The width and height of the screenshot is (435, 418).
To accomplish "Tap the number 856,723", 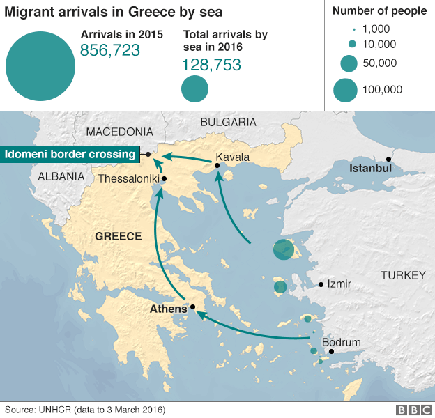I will tap(110, 50).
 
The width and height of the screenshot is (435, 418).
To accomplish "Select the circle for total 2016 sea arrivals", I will tap(195, 88).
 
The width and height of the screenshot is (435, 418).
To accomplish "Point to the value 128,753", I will tap(211, 65).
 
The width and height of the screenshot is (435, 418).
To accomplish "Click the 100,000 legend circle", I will tap(345, 90).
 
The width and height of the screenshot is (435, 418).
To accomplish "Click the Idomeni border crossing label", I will tap(70, 154).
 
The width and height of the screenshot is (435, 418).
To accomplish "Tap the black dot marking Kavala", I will tap(217, 166).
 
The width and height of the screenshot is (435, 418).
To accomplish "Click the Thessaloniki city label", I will tap(129, 179).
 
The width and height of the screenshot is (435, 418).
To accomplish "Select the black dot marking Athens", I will tap(192, 307).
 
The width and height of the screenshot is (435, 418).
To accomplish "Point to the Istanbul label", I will tap(370, 168).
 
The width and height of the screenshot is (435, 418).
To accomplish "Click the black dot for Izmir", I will tap(321, 284).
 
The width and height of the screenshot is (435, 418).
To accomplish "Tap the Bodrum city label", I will tap(342, 342).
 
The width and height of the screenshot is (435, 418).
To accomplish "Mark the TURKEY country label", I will tap(402, 276).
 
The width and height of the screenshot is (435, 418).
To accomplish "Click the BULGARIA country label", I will tap(228, 122).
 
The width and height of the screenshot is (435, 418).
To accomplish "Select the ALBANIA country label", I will tap(61, 176).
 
